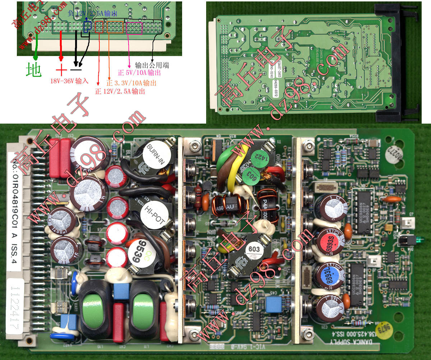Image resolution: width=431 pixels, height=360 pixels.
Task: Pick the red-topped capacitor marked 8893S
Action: pos(330,239)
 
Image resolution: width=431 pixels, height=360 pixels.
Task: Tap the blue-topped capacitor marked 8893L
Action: pos(330,277)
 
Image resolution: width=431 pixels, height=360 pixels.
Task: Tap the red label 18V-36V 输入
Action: pos(69,82)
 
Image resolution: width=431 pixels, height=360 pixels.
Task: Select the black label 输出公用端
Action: pos(152,65)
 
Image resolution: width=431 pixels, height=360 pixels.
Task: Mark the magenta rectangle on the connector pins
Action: pos(135,28)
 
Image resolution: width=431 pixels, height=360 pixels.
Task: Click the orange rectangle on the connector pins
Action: pos(115,27)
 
